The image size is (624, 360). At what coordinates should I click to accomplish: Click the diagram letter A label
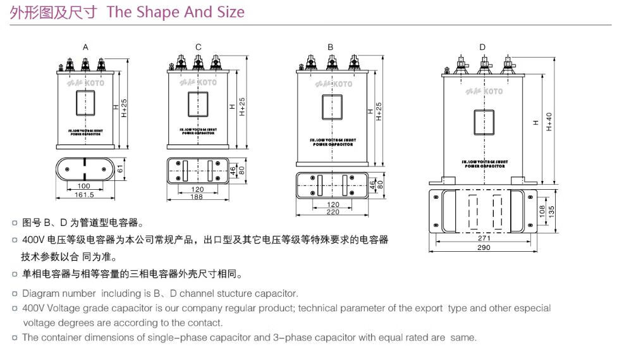85,47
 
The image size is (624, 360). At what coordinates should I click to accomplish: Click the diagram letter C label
198,47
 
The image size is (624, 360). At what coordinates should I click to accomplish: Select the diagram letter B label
330,47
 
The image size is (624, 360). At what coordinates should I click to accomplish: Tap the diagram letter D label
482,47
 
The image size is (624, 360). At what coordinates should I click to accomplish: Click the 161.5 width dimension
84,194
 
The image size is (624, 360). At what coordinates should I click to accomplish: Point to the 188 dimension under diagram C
197,197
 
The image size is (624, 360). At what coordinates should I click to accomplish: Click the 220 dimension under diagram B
333,213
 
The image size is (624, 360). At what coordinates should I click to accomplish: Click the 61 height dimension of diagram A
120,169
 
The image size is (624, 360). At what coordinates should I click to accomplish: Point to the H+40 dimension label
549,122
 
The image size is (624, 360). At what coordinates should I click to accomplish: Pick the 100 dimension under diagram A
83,186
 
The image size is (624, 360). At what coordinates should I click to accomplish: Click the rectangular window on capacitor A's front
85,102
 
